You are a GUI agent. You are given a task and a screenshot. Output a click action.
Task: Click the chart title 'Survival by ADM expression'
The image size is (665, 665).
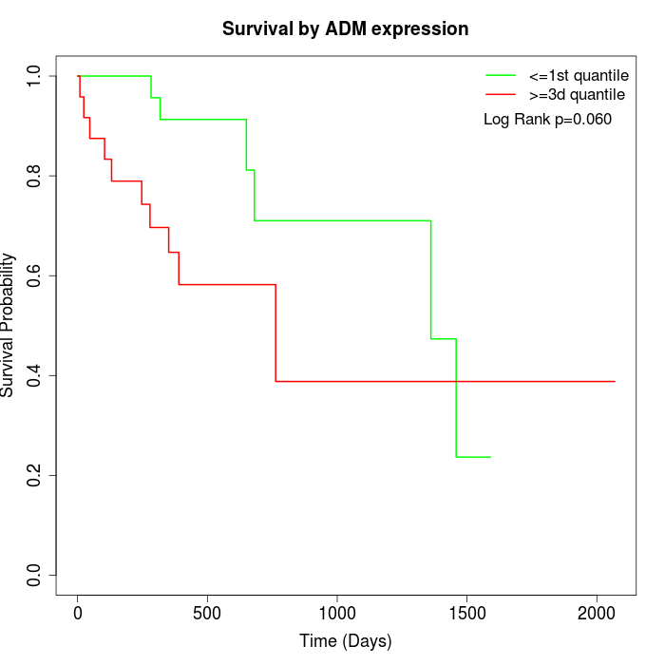coord(345,29)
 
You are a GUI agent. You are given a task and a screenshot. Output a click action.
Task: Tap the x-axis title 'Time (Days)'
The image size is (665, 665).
coord(345,640)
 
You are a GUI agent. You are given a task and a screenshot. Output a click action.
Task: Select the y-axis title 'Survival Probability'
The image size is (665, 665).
coord(9,324)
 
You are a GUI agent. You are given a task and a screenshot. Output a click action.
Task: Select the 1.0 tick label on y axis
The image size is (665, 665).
coord(35,76)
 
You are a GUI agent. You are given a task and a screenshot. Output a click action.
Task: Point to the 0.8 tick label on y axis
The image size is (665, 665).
coord(35,176)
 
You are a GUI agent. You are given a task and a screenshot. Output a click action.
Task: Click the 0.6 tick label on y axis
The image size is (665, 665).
coord(35,275)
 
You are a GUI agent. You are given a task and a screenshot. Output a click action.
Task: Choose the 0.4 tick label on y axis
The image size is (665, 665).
coord(35,375)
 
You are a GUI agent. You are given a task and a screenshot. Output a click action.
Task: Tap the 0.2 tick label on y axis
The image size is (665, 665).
coord(35,475)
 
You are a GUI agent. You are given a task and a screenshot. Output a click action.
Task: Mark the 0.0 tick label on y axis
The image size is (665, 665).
coord(35,575)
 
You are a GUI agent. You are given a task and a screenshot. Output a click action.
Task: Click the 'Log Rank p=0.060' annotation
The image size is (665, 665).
coord(547,119)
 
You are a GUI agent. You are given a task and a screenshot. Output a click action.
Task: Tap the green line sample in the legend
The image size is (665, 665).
coord(501,75)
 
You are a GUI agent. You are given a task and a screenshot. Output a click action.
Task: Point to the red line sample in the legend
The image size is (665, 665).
coord(501,94)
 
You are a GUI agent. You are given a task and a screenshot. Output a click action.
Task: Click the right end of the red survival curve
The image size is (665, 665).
coord(615,381)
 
